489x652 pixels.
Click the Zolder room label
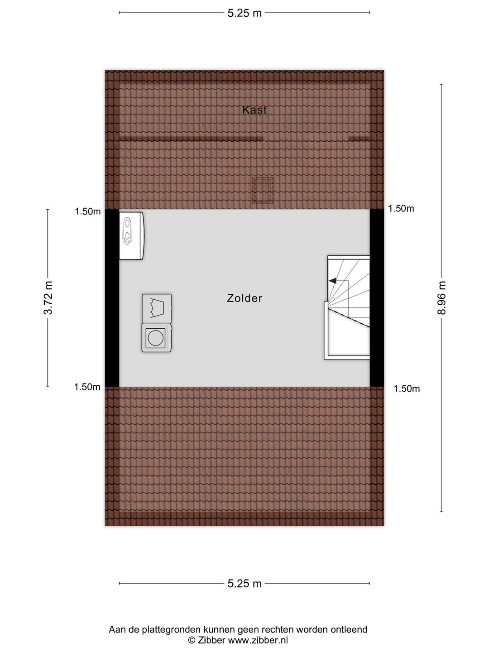[244, 298]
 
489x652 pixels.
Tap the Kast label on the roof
[254, 110]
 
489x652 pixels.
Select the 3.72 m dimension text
[48, 297]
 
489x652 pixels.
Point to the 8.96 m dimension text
[441, 297]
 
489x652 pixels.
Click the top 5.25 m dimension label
[244, 14]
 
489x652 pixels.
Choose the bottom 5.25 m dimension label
[244, 584]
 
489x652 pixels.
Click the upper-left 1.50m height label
[87, 211]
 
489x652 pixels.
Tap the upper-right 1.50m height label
[401, 209]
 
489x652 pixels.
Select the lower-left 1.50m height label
[87, 387]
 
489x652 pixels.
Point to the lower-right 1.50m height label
[407, 389]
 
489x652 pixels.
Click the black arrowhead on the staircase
[332, 280]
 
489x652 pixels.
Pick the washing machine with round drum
[157, 338]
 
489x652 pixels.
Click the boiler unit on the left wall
[132, 236]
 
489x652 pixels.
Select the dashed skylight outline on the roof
[263, 190]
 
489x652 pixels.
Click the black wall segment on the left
[112, 298]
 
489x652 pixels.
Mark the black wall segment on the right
[377, 298]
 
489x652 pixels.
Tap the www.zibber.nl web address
[258, 638]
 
